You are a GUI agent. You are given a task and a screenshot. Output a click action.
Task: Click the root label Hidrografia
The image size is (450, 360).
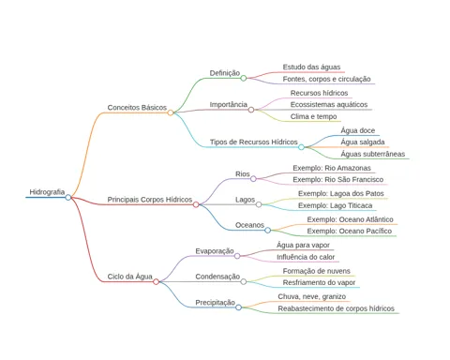[47, 192]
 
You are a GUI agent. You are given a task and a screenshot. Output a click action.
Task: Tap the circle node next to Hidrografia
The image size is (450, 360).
[68, 197]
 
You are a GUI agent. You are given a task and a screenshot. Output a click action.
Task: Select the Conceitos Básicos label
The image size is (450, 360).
[137, 108]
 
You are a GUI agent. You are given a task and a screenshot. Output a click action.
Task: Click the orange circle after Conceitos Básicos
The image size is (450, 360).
[171, 112]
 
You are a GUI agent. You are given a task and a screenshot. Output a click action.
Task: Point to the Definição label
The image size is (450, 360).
[225, 73]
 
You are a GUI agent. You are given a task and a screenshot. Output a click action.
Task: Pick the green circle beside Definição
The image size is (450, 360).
[244, 78]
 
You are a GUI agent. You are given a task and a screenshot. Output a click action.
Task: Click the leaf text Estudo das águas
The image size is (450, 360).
[311, 67]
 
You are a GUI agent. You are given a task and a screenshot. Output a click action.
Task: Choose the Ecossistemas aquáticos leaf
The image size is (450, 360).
[329, 105]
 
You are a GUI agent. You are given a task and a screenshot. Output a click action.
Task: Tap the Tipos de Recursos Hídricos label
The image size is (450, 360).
[254, 142]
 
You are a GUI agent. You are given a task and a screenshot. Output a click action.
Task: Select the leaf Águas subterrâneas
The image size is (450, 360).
[373, 154]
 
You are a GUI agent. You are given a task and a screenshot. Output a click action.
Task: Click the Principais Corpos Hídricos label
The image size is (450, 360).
[150, 200]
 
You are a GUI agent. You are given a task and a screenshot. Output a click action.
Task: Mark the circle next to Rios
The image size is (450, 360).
[253, 179]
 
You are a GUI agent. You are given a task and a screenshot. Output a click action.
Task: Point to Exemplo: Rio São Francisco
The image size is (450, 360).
[338, 180]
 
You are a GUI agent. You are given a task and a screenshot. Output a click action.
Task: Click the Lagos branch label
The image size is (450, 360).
[246, 200]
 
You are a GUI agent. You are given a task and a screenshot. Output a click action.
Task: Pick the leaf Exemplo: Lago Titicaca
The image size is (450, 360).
[336, 205]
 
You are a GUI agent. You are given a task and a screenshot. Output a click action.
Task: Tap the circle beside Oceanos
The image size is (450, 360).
[268, 231]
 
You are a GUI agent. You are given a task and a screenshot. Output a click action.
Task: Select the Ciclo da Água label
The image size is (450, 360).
[130, 277]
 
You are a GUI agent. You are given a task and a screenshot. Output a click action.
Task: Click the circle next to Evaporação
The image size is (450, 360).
[237, 256]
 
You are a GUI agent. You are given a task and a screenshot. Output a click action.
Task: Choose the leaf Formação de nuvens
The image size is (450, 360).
[317, 271]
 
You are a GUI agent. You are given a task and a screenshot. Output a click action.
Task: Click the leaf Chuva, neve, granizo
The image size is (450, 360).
[312, 296]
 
